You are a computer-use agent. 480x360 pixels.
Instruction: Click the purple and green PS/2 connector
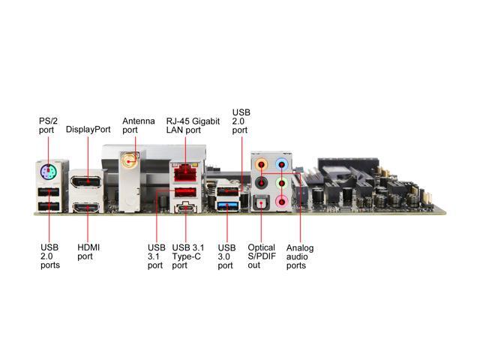[x=48, y=172]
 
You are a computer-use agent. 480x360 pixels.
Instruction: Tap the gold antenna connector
[x=130, y=160]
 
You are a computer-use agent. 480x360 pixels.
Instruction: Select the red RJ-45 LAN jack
[x=185, y=172]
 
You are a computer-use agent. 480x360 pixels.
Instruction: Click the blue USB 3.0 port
[x=227, y=205]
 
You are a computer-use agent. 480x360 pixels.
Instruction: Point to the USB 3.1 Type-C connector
[x=185, y=208]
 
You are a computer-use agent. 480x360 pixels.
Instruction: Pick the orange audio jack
[x=261, y=164]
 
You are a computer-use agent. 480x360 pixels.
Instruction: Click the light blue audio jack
[x=282, y=164]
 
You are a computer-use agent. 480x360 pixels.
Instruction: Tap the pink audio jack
[x=282, y=202]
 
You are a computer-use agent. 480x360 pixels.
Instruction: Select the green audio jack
[x=282, y=183]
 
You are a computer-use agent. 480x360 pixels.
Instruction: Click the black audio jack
[x=261, y=183]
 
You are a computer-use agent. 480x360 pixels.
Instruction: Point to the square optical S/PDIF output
[x=261, y=203]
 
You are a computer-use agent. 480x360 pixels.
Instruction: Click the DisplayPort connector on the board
[x=86, y=181]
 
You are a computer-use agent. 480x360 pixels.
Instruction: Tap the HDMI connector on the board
[x=86, y=208]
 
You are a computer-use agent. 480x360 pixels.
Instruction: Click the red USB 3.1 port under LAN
[x=185, y=192]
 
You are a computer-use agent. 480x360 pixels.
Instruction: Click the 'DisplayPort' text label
[x=88, y=129]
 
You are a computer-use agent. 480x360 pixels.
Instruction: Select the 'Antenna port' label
[x=138, y=125]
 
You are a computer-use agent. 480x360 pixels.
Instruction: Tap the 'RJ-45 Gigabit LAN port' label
[x=193, y=125]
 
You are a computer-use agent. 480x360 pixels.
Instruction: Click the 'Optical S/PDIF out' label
[x=262, y=256]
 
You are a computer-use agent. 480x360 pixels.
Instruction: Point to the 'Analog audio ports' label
[x=300, y=256]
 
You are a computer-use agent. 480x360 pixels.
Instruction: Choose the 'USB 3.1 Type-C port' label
[x=188, y=256]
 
